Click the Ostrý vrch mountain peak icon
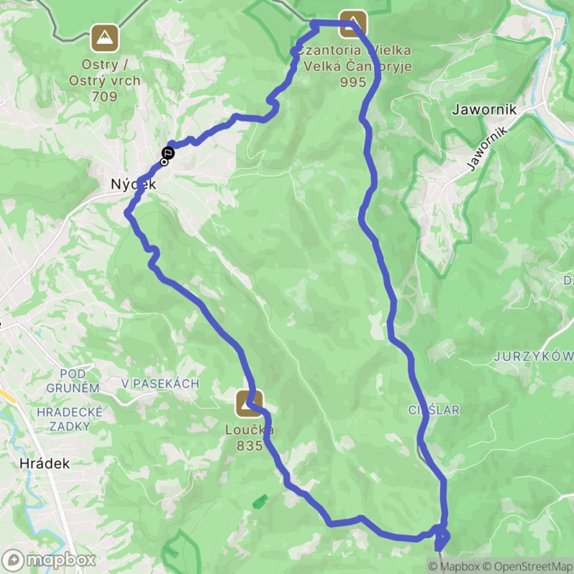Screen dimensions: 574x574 pos(105,37)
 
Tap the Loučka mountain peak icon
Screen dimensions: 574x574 pos(248,403)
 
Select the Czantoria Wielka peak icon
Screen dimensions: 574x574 pos(352,22)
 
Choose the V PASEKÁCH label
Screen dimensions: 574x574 pos(160,384)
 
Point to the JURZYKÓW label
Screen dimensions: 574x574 pos(534,357)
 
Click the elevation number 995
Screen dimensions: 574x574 pos(353,82)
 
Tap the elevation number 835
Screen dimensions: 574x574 pos(249,446)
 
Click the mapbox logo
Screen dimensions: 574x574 pos(49,559)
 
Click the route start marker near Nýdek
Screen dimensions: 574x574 pos(166,153)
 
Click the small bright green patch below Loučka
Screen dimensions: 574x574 pos(260,501)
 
